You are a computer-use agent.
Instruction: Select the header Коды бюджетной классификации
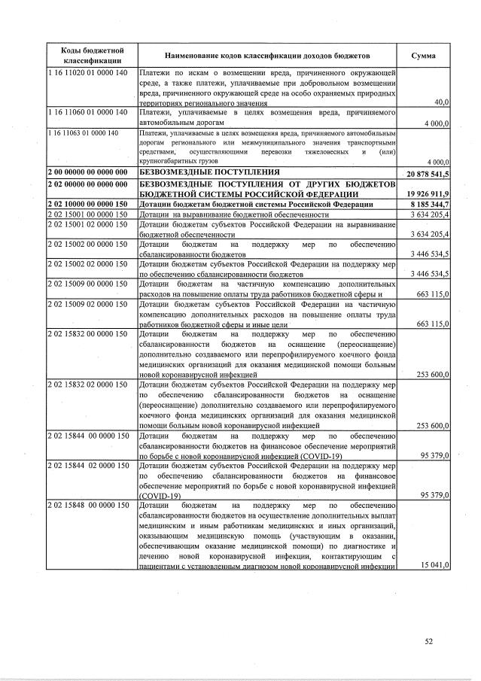point(88,56)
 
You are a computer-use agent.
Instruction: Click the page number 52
point(428,641)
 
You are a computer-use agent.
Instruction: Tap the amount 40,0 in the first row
point(442,102)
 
